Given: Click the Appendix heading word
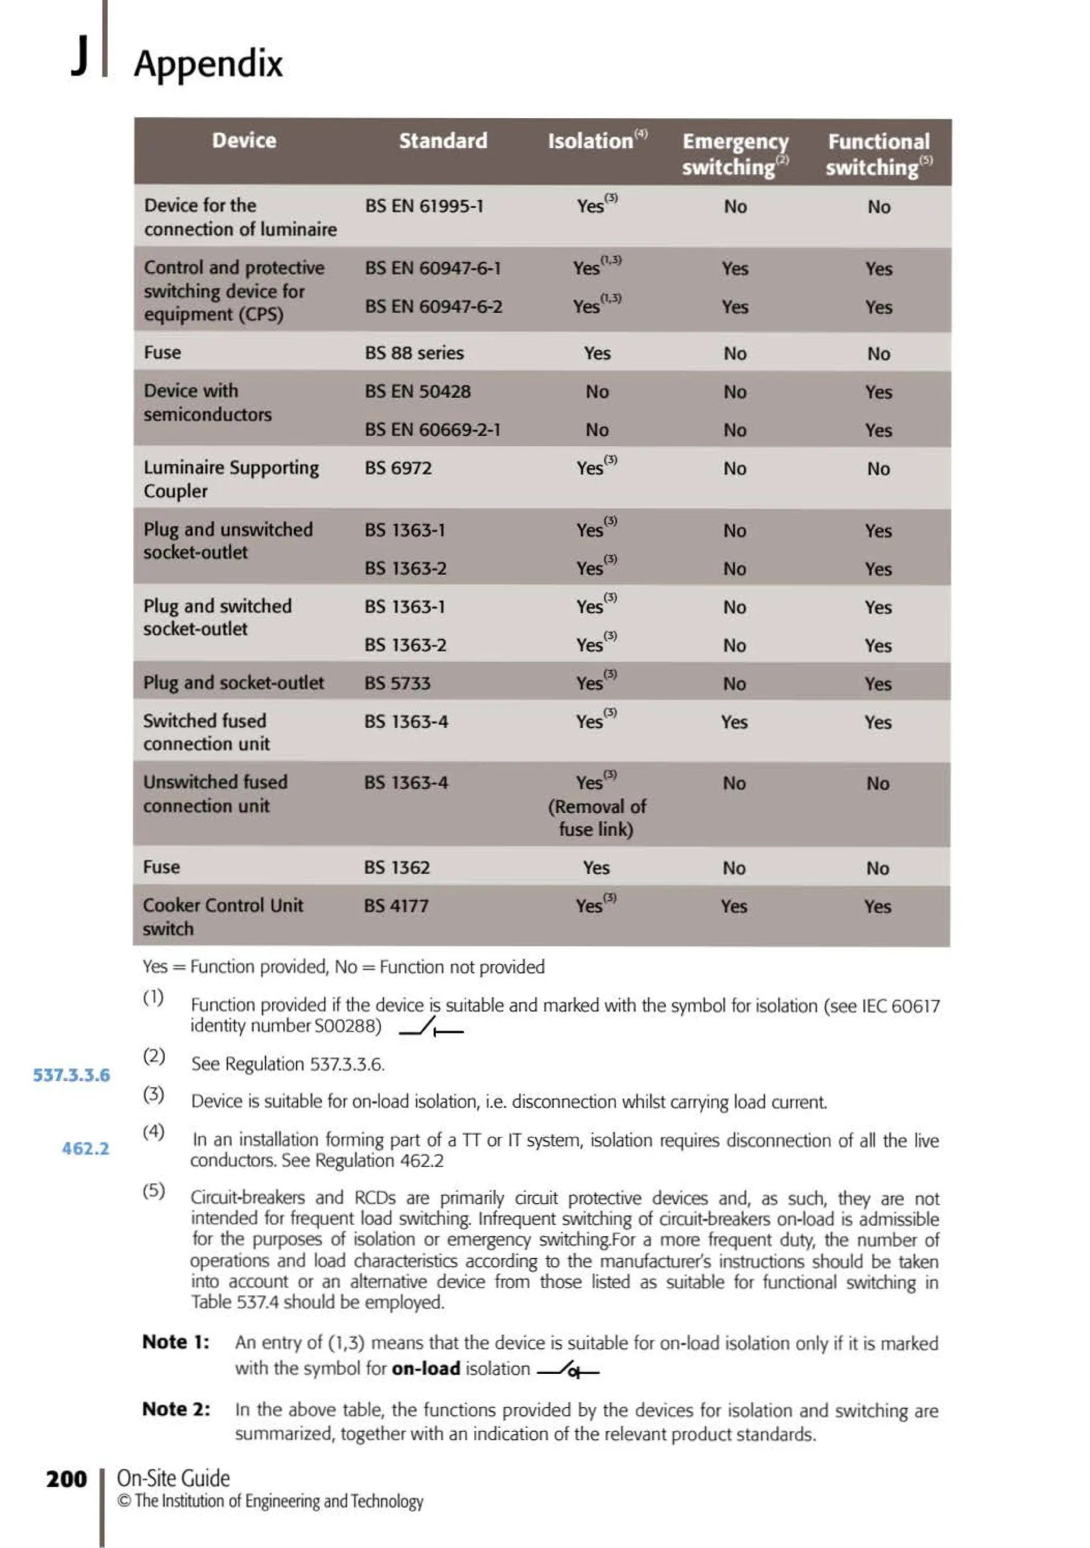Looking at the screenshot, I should (x=208, y=64).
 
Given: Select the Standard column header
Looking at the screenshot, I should (x=442, y=141).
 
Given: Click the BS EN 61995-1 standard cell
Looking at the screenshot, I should (x=424, y=207).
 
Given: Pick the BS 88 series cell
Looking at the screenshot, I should (x=414, y=353).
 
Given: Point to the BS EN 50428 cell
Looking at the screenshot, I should (x=417, y=392).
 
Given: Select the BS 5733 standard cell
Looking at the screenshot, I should (x=397, y=683).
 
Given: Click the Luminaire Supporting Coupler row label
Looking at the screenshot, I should (x=230, y=480).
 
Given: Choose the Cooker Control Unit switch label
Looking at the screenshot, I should (x=222, y=917).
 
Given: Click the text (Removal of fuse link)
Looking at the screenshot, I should (x=597, y=818).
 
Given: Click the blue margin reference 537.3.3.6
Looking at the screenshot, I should (x=71, y=1075).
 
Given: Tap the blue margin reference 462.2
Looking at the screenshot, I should (x=85, y=1148).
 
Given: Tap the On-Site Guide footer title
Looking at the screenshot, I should (x=174, y=1478).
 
